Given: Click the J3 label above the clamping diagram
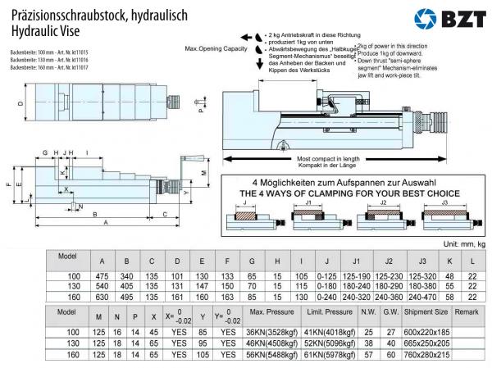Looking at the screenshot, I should [444, 202].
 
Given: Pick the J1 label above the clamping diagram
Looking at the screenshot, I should [308, 202].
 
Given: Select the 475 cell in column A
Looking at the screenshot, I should [101, 276].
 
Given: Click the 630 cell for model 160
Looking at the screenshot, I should [101, 298].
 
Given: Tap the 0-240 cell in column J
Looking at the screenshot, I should [326, 298].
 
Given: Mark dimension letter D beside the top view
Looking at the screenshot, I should [19, 103].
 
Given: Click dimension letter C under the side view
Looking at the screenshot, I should [166, 215].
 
